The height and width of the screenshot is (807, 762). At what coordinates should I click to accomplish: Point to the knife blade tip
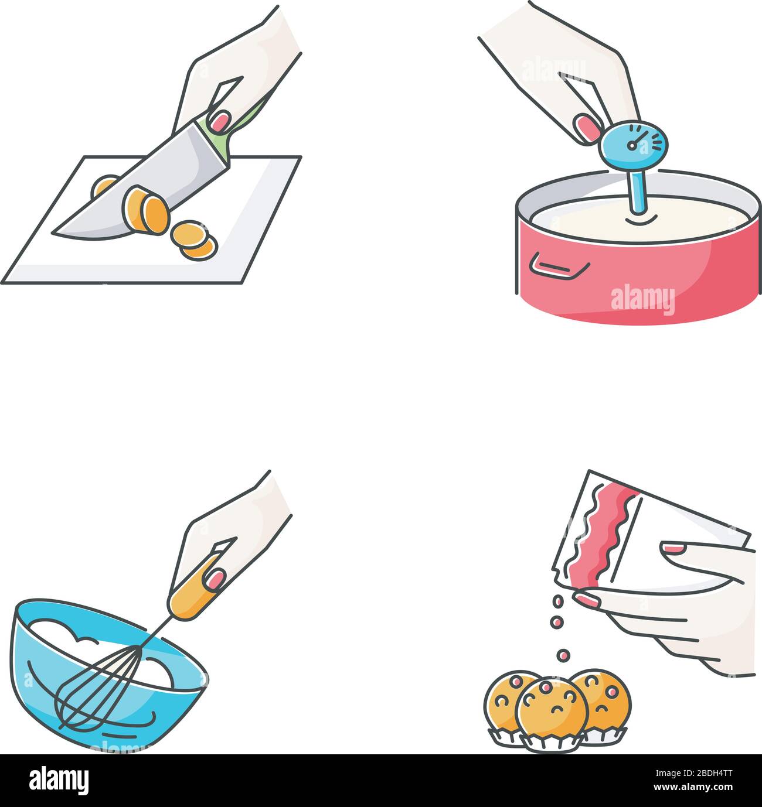point(59,232)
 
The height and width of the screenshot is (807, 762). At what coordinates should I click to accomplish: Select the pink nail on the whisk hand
point(216,579)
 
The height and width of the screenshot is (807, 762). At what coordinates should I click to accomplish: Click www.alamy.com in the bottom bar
point(694,787)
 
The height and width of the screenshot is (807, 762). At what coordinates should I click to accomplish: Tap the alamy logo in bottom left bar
point(59,780)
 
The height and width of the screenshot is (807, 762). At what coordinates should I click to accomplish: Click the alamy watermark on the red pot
point(642,300)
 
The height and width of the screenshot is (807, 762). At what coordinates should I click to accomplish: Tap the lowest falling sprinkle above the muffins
point(563,655)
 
